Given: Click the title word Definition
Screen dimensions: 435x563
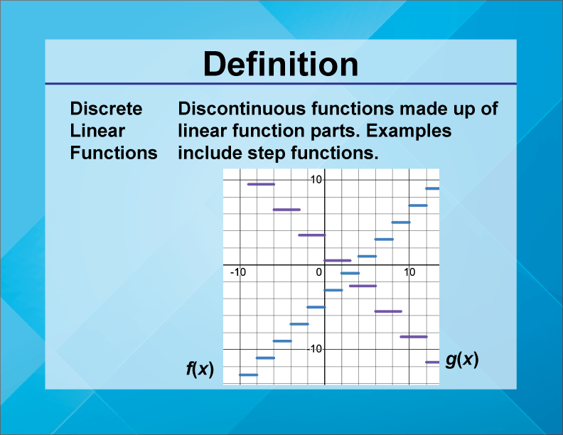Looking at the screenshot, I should [281, 65].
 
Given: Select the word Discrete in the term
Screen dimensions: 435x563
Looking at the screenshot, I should [106, 109].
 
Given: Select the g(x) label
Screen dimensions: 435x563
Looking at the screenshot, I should [462, 360].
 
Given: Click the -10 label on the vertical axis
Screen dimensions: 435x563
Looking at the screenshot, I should [315, 349].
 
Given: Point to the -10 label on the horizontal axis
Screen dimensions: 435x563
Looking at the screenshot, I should [237, 272].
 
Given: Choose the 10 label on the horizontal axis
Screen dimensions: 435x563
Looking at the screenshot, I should [409, 272].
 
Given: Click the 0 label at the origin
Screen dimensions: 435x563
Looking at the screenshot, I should [319, 272].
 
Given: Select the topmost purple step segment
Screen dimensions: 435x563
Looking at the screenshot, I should [261, 184].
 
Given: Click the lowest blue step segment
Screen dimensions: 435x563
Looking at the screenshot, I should [248, 375].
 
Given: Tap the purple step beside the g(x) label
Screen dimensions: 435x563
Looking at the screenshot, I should [432, 362].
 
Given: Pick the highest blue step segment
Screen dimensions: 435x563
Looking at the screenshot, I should [432, 188].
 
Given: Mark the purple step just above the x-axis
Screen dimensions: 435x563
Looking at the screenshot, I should [338, 261].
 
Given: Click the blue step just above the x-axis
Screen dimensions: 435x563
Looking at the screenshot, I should [367, 256].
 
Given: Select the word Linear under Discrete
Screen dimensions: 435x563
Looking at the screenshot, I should [97, 131].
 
